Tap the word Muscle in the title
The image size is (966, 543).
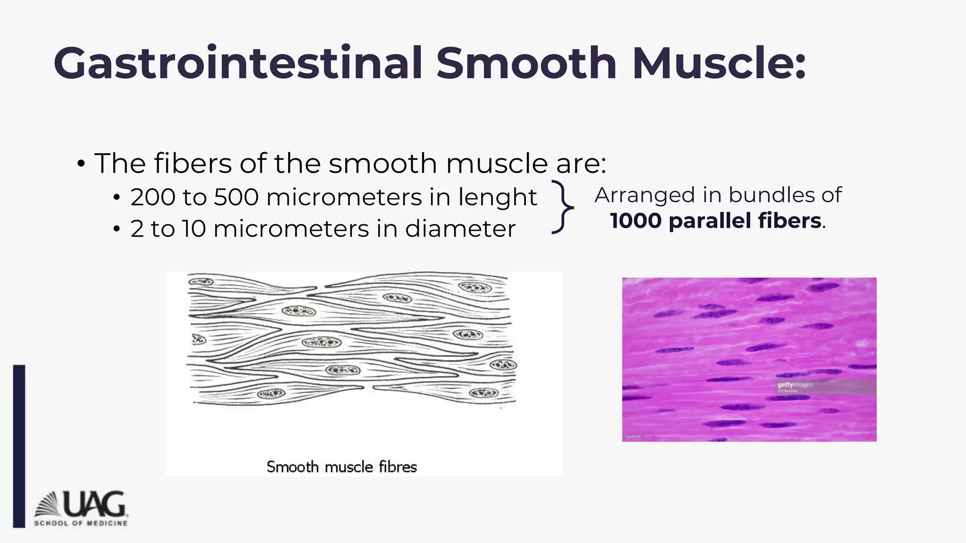pyautogui.click(x=719, y=64)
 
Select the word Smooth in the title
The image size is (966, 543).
pyautogui.click(x=526, y=64)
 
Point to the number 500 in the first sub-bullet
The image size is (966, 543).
pyautogui.click(x=236, y=197)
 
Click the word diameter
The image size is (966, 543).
pyautogui.click(x=460, y=229)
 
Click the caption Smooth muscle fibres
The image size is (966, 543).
pyautogui.click(x=341, y=467)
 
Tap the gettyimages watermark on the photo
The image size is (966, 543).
pyautogui.click(x=795, y=386)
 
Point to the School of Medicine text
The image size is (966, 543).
pyautogui.click(x=81, y=523)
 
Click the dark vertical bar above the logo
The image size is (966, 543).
pyautogui.click(x=19, y=445)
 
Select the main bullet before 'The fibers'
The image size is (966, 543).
pyautogui.click(x=81, y=165)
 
